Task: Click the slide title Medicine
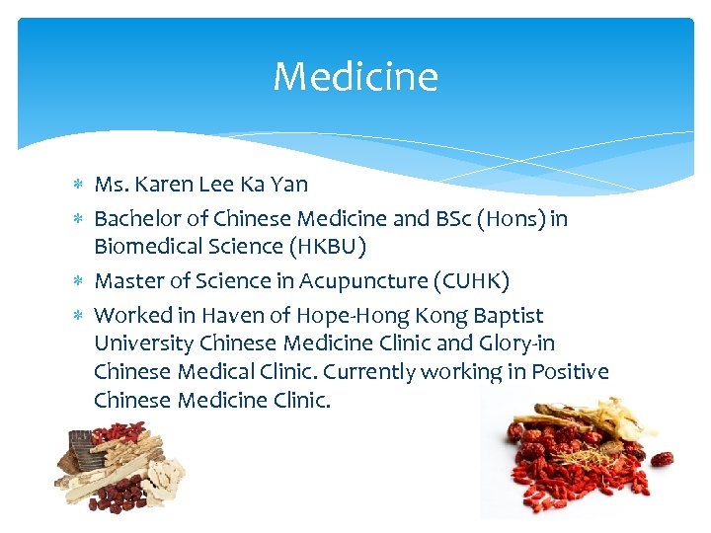pyautogui.click(x=355, y=76)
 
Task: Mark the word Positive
pyautogui.click(x=571, y=372)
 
